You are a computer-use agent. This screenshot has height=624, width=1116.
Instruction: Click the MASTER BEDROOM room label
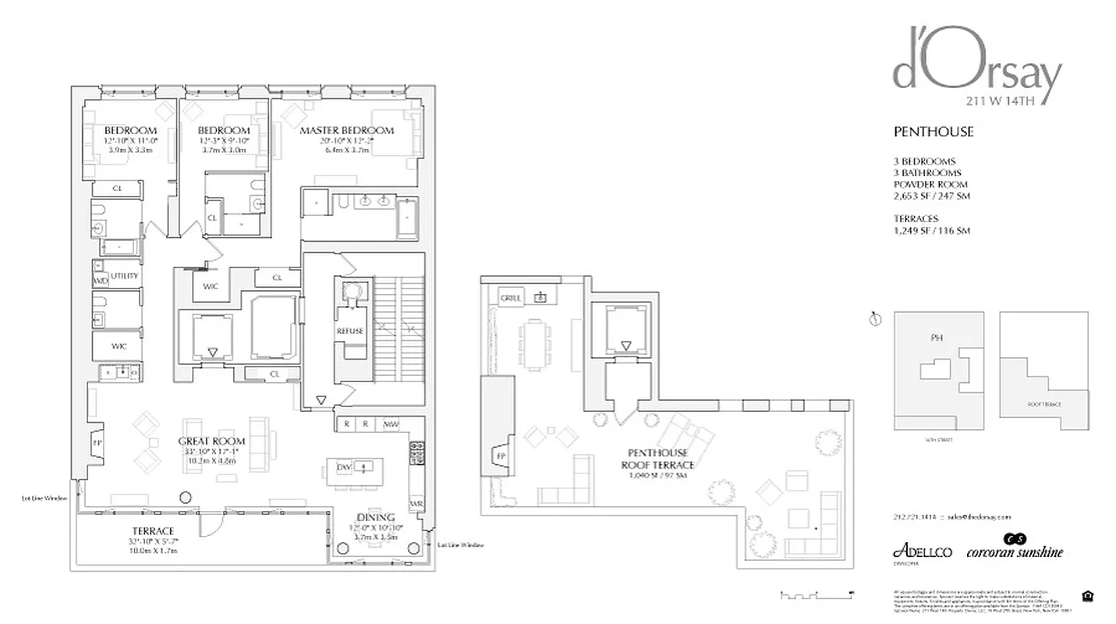347,130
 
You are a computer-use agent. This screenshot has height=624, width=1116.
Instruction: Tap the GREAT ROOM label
211,441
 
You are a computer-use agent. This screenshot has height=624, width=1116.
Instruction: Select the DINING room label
377,517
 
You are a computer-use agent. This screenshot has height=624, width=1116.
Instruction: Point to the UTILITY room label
124,276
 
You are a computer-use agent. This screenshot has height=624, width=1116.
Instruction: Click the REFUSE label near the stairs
350,331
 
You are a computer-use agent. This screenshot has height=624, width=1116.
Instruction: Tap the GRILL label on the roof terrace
511,297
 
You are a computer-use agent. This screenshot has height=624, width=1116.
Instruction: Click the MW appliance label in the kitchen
391,424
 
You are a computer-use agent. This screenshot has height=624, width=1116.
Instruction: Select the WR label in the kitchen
416,505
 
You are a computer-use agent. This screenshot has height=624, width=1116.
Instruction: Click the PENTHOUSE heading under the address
933,132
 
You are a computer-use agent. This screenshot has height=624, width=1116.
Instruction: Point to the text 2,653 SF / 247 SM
932,196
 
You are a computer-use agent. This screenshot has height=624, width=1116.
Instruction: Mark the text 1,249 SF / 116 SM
931,231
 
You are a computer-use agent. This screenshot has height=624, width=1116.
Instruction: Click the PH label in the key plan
937,339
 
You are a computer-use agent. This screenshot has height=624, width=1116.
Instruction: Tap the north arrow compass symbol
875,318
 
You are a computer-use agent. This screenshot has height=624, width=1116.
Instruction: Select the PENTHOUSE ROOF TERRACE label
660,459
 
